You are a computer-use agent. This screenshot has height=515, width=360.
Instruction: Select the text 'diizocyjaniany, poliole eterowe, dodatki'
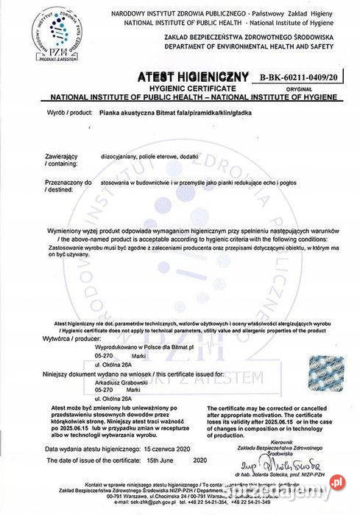point(147,157)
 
